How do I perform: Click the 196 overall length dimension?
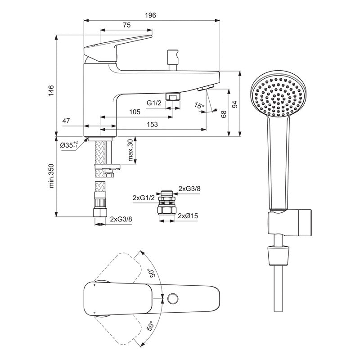tap(151, 15)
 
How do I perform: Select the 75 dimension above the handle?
tap(126, 26)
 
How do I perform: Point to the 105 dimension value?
tap(135, 112)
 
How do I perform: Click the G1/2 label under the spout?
tap(154, 103)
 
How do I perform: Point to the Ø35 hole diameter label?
tap(69, 145)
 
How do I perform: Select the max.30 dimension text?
tap(130, 151)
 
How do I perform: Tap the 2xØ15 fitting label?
tap(188, 216)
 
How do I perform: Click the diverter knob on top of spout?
tap(171, 59)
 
